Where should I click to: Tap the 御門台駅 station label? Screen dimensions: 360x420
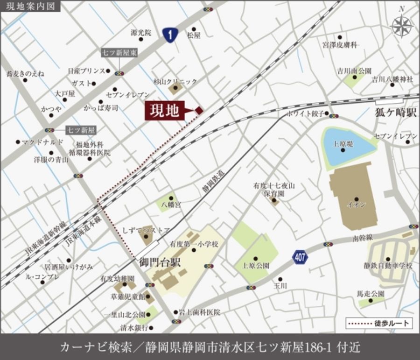coord(157,262)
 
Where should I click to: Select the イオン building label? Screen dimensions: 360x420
coord(357,205)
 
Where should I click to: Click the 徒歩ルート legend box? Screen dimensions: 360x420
coord(379,323)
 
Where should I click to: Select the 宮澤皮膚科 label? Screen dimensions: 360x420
coord(340,45)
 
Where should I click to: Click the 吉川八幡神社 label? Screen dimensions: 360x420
coord(392,79)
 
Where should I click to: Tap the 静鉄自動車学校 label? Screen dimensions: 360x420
coord(388,266)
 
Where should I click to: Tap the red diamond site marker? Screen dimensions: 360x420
coord(199,110)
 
